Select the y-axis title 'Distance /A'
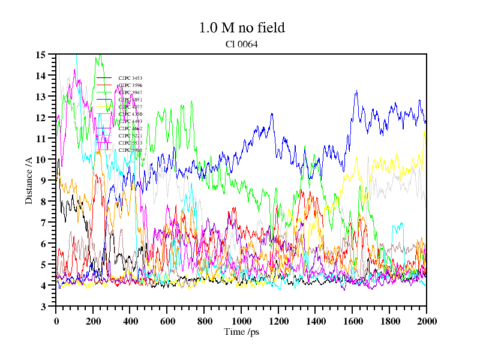[29, 180]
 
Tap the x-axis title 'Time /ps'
[241, 332]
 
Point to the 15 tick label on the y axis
[41, 55]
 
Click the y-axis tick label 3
[43, 307]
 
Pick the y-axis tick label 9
[43, 181]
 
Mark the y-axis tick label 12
[41, 118]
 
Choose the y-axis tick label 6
[43, 244]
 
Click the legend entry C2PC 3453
[130, 78]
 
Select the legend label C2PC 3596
[130, 85]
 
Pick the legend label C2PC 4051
[130, 100]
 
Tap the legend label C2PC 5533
[130, 143]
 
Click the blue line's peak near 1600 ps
[356, 91]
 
